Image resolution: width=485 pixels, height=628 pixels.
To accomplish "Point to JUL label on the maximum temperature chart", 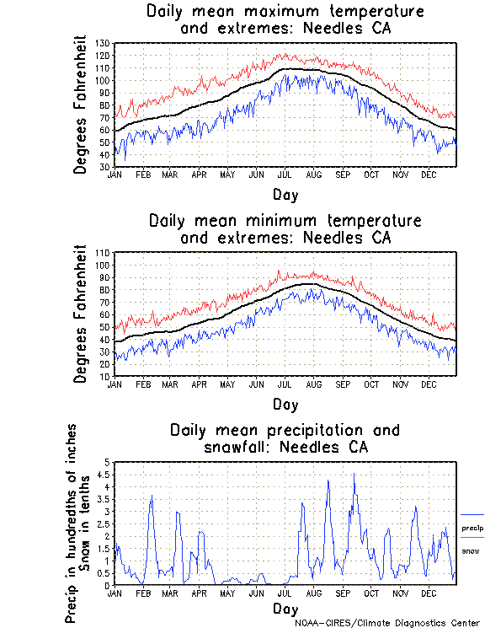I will tap(285, 174).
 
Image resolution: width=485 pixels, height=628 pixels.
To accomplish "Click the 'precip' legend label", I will tap(472, 529).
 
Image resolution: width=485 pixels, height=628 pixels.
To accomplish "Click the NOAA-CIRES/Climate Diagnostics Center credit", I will tap(387, 622).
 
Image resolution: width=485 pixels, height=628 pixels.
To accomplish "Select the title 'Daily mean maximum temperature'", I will tap(285, 12).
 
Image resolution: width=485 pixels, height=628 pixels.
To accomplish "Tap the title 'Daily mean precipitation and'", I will tap(285, 430).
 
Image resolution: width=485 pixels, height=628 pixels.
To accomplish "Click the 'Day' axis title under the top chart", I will tap(285, 195).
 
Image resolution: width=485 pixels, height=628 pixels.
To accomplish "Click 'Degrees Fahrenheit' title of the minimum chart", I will tap(81, 314).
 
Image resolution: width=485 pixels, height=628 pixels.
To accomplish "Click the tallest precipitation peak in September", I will tap(354, 474).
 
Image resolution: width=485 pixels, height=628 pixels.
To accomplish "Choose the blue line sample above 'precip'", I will tap(472, 514).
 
